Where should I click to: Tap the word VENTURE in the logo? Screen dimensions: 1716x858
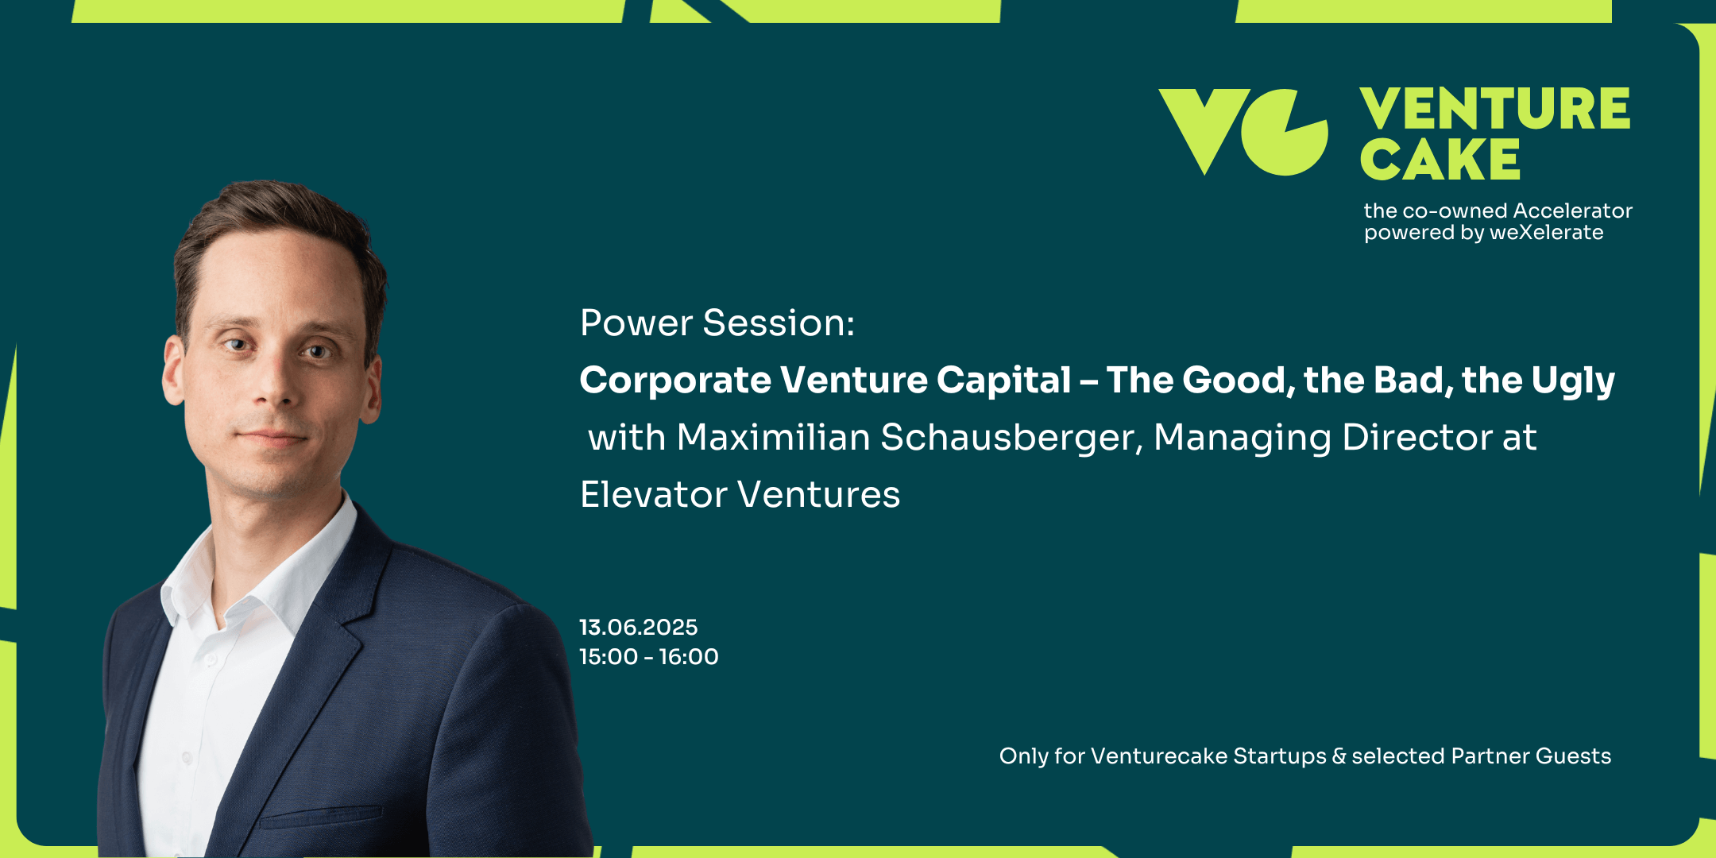1495,109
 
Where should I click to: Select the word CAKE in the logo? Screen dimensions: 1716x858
1440,159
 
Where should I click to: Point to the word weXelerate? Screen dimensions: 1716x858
1546,232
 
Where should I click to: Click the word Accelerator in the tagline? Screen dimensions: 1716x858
1573,211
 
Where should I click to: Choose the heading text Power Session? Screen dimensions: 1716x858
717,323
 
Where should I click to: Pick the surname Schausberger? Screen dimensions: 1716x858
1011,439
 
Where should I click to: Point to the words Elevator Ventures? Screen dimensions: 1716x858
740,494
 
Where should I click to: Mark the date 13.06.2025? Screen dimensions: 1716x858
639,628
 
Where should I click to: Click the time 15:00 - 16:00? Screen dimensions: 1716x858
649,657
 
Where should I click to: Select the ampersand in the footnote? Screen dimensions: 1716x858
1339,756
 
